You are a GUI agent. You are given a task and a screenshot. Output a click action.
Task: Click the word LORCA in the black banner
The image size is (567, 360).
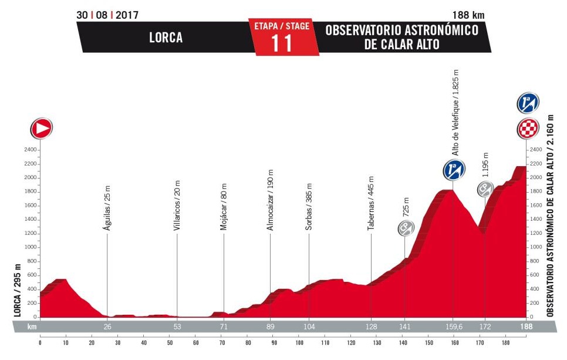tap(165, 38)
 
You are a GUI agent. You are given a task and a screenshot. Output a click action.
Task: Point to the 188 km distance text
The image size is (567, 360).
tap(471, 15)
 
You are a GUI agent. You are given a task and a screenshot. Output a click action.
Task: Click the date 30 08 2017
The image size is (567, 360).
tap(107, 15)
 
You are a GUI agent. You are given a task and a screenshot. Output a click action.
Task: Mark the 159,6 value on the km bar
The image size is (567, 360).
tap(454, 327)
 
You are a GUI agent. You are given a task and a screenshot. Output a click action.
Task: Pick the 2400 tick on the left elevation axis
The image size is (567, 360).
tap(31, 150)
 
